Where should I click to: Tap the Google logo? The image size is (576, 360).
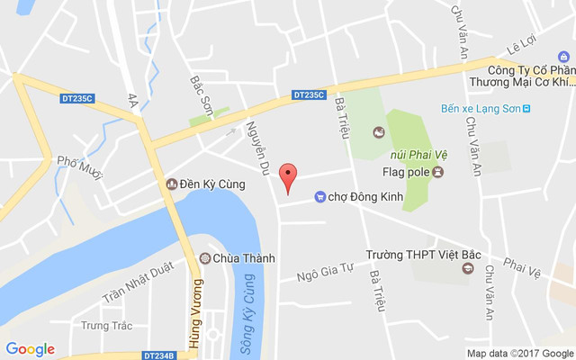click(31, 349)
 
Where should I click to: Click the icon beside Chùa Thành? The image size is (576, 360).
click(205, 259)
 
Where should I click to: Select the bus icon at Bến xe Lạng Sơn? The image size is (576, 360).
click(527, 109)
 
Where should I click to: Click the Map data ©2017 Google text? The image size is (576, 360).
click(519, 353)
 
